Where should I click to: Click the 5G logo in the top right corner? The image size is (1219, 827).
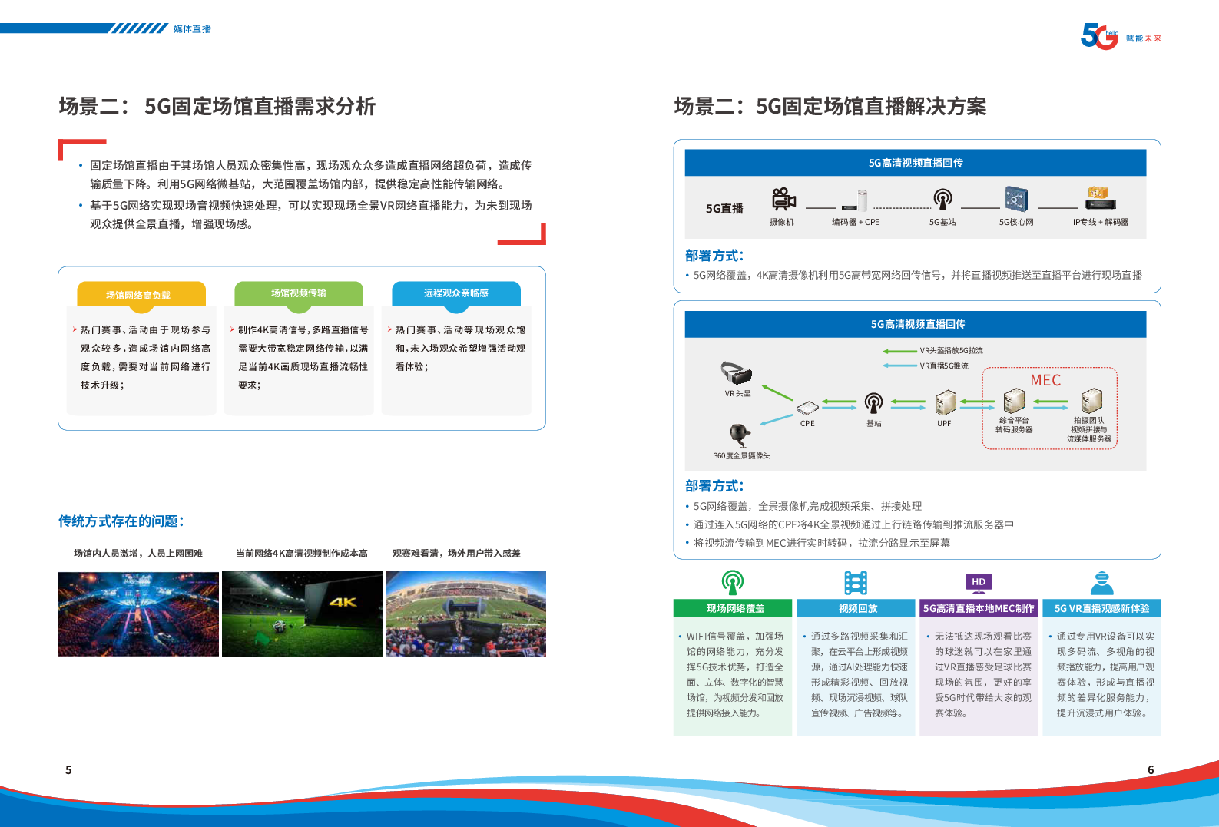1099,37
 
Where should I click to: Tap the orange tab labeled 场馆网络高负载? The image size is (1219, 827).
141,295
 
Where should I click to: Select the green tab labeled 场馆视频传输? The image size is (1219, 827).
299,293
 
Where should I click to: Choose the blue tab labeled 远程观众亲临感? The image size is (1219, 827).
456,293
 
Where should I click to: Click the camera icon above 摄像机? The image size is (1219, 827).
783,200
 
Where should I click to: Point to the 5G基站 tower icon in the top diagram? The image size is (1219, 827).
942,199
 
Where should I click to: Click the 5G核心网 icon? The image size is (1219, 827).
1016,199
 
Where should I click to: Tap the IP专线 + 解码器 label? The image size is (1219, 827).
1100,222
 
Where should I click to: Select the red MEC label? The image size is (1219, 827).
1045,380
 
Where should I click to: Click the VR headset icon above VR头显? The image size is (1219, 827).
737,373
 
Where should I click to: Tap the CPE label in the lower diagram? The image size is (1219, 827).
807,423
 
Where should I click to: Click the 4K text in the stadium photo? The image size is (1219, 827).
343,602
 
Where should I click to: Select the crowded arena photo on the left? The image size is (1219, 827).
138,614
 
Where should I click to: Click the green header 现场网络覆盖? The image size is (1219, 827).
735,608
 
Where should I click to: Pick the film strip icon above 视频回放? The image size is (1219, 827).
856,583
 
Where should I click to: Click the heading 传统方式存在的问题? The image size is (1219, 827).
121,521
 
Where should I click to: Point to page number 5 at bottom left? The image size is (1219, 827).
68,769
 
